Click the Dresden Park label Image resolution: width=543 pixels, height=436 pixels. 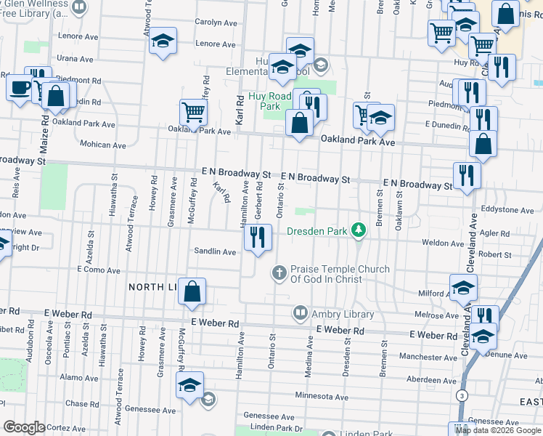click(317, 231)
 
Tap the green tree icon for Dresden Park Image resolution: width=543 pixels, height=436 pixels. click(357, 230)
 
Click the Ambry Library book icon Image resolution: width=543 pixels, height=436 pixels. click(300, 313)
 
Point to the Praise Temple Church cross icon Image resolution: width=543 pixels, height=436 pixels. click(279, 273)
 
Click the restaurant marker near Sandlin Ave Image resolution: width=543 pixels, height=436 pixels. click(258, 237)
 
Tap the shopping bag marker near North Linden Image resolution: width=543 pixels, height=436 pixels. click(192, 291)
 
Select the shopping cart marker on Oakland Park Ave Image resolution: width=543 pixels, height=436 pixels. click(194, 113)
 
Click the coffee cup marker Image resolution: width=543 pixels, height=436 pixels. click(20, 88)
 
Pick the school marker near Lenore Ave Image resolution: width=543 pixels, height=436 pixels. click(163, 41)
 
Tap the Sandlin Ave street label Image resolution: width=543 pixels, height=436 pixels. click(215, 252)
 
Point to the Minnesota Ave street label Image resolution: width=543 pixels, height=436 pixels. click(322, 397)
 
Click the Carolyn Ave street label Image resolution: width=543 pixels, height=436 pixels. click(216, 23)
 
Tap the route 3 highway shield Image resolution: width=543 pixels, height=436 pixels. click(461, 395)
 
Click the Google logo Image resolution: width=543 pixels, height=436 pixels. click(24, 427)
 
